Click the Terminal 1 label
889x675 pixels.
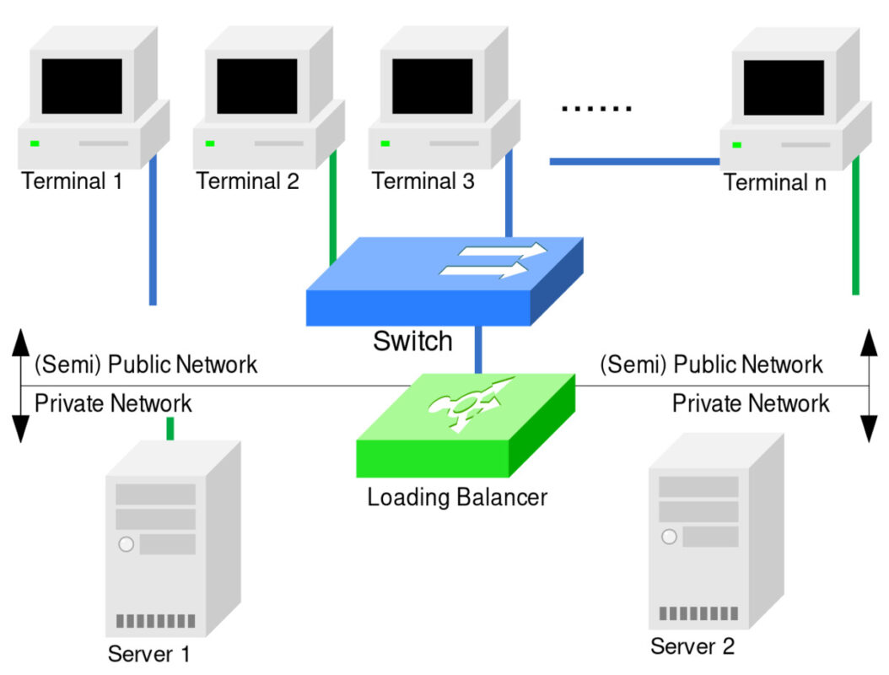72,181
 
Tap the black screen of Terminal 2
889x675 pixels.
257,86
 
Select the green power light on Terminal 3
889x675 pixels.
385,143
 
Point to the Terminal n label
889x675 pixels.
774,182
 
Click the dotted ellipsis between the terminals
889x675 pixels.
596,108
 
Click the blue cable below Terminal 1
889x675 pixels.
153,229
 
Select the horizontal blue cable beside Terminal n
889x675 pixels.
634,162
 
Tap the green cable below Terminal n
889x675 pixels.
855,226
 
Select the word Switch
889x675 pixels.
412,342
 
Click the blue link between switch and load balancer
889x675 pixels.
478,349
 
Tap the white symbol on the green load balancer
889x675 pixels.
471,402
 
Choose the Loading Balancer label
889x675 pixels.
457,498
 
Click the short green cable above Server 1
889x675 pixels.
170,429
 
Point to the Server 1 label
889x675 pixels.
148,654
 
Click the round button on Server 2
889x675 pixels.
669,537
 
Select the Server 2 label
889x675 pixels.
692,646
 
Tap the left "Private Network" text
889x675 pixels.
113,403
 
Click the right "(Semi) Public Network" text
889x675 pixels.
711,364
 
